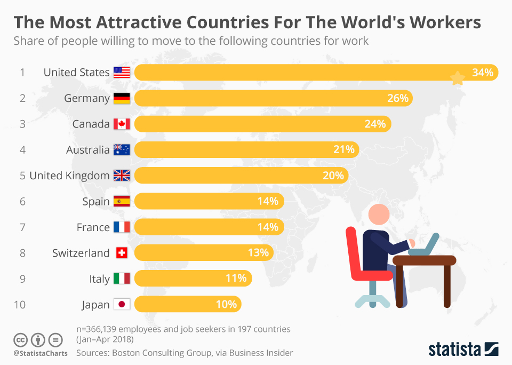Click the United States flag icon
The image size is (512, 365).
tap(122, 73)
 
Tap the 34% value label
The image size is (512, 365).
tap(483, 73)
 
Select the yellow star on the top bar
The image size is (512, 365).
tap(458, 79)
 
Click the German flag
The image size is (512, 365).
tap(122, 98)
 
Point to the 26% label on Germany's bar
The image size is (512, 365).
tap(397, 98)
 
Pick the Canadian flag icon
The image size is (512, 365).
tap(122, 124)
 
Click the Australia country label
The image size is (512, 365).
tap(87, 150)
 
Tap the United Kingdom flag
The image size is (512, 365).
tap(122, 176)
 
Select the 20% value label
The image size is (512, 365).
tap(333, 176)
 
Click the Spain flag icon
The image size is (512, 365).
tap(122, 201)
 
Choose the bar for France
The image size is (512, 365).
tap(208, 227)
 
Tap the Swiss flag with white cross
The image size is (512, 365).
tap(122, 253)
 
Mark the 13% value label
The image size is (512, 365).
tap(258, 253)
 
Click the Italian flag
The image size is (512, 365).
tap(122, 279)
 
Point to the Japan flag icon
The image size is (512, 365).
tap(122, 305)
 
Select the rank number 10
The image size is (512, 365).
tap(20, 305)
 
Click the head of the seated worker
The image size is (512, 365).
tap(380, 215)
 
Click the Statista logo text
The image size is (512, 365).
tap(454, 350)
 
